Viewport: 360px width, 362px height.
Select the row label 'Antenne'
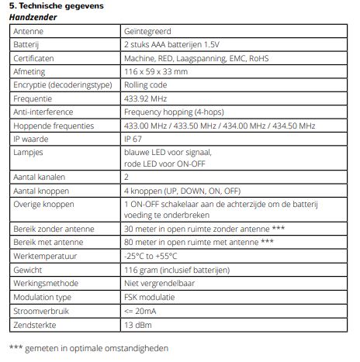coord(29,32)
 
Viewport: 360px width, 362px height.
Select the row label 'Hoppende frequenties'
coord(54,126)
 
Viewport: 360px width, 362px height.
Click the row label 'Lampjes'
coord(29,153)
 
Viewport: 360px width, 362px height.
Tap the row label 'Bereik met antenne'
coord(50,242)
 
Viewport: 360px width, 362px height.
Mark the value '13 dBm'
coord(137,323)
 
